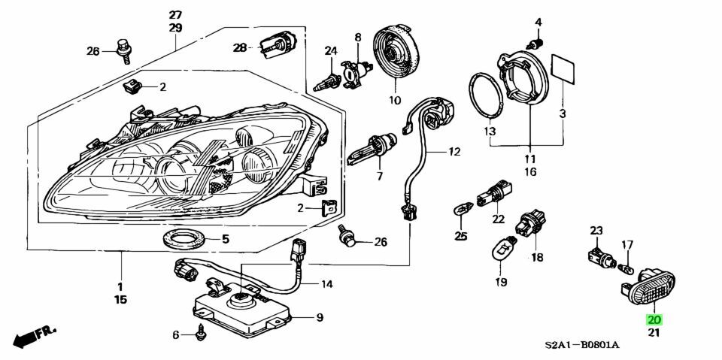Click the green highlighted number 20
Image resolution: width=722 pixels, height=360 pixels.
[653, 319]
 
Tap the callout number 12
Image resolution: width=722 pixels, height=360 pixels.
[454, 152]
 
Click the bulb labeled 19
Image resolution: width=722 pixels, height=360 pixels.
[502, 251]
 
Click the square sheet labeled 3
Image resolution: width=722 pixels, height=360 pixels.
[563, 69]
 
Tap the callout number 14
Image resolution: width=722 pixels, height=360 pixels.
[326, 284]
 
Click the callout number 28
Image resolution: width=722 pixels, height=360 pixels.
[239, 47]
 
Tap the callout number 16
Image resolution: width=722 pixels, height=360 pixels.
[530, 172]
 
